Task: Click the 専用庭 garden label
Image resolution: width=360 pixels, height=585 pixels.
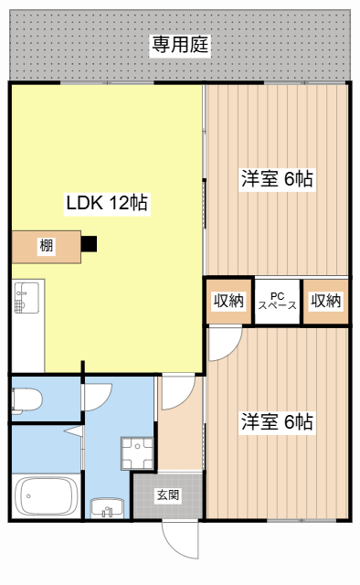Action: [180, 45]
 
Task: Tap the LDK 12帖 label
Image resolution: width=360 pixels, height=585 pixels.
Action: [107, 203]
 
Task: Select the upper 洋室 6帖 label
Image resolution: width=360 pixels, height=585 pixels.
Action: [277, 179]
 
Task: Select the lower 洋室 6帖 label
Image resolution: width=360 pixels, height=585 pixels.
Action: [277, 422]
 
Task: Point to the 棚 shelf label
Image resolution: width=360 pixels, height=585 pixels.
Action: [47, 246]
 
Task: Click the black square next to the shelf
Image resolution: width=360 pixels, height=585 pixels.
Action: [90, 244]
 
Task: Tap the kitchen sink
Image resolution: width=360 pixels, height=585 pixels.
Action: [26, 298]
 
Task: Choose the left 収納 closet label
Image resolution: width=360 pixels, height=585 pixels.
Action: [228, 301]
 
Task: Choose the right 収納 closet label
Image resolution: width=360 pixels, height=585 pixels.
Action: [326, 301]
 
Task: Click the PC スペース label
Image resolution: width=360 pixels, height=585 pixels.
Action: [278, 301]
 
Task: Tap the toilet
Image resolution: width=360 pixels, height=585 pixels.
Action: [26, 400]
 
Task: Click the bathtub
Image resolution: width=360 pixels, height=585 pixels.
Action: [46, 495]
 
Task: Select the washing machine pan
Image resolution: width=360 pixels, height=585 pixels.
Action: [137, 453]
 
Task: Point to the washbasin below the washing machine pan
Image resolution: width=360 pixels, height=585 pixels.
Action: [107, 508]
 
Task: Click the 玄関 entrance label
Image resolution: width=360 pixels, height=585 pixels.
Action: [168, 495]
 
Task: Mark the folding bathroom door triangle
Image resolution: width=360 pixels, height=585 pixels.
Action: [75, 431]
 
